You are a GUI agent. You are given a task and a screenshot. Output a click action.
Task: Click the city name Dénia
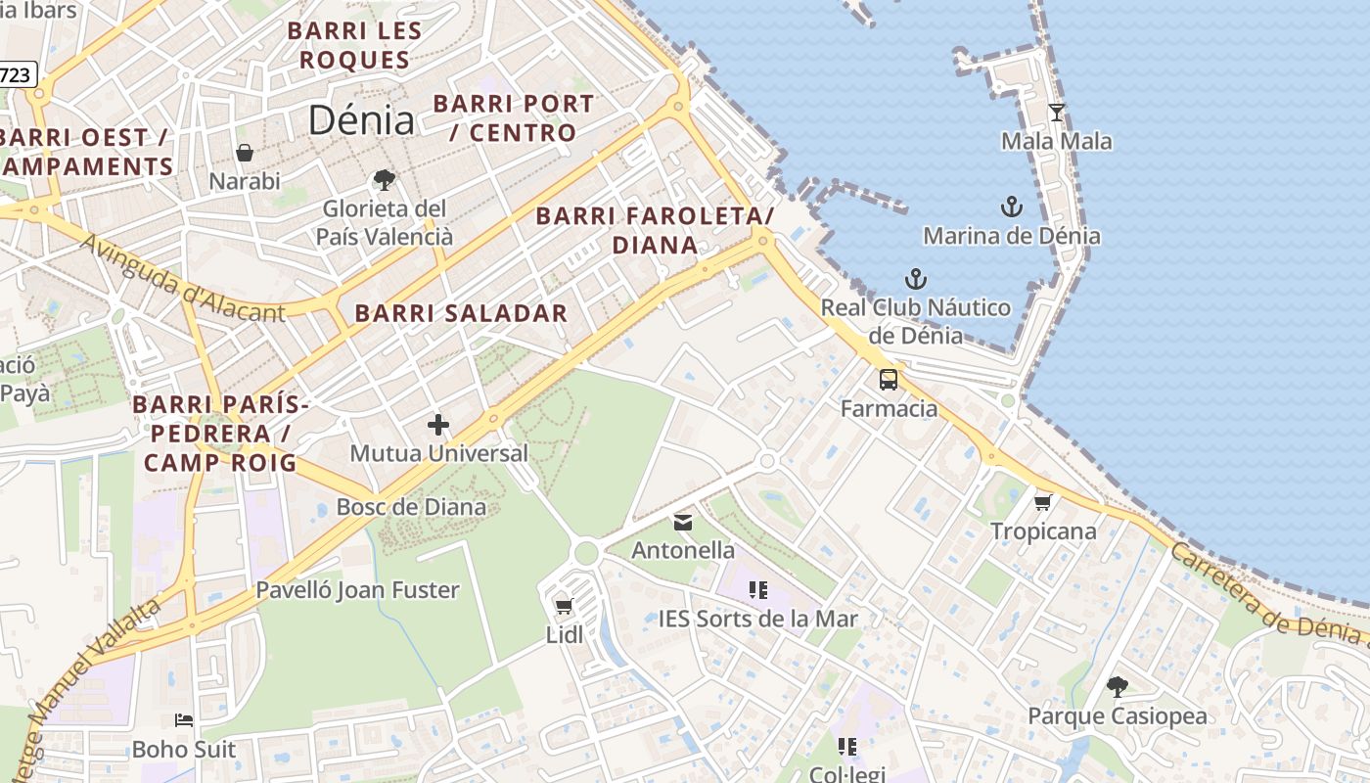point(361,119)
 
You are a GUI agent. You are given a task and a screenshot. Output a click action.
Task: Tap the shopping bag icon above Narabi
point(244,153)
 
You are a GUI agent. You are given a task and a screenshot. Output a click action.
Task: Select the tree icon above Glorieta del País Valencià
point(385,180)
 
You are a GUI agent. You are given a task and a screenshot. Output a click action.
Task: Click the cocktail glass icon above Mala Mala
point(1056,113)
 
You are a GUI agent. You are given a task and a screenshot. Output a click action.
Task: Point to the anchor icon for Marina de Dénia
point(1011,207)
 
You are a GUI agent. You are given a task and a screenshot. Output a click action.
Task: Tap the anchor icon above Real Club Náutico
point(915,279)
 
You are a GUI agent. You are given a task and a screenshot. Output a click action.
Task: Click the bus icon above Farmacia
point(889,380)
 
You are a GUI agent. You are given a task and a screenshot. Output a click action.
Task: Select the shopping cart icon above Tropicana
point(1043,502)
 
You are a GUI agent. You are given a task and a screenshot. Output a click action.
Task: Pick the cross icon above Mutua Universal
point(438,425)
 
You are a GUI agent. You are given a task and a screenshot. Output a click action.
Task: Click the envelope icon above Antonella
point(683,522)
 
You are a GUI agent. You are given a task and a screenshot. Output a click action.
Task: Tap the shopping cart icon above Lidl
point(564,607)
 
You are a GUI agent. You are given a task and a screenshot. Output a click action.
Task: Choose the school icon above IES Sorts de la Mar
point(757,590)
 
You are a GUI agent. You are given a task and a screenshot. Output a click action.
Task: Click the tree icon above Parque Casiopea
point(1117,687)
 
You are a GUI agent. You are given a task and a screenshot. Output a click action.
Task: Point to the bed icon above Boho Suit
point(184,721)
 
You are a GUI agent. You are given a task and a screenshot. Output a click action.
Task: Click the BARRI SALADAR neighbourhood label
point(461,313)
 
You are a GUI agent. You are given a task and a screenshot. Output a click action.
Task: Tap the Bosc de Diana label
point(411,507)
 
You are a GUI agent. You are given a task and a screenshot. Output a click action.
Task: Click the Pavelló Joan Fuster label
point(357,590)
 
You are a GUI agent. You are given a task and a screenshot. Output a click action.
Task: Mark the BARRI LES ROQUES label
point(354,45)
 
